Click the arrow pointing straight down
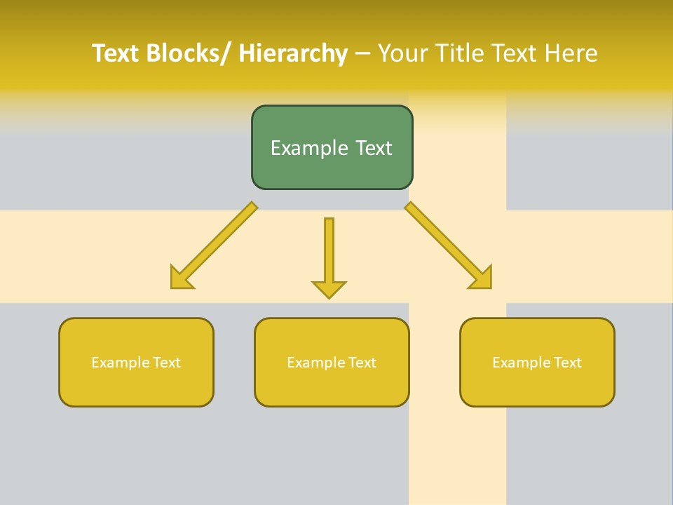(x=329, y=256)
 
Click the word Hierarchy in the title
(x=293, y=53)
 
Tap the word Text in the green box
(x=373, y=148)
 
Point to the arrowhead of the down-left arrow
(x=179, y=279)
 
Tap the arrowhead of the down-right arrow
(x=482, y=278)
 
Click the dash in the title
(x=362, y=54)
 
